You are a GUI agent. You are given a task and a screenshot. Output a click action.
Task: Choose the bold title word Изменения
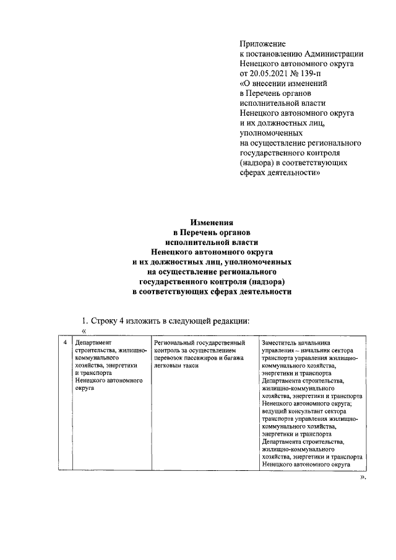click(211, 222)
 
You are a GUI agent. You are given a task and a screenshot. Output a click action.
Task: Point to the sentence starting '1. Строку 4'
click(165, 321)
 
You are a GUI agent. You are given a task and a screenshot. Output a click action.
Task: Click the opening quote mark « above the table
click(83, 332)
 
